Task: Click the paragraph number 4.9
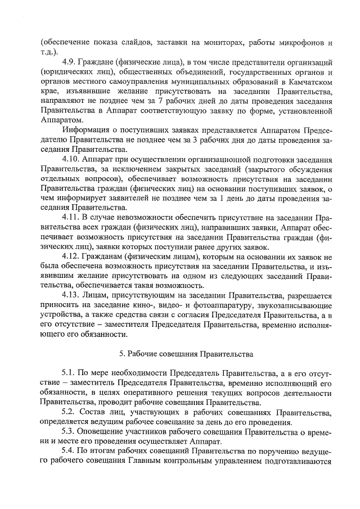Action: pyautogui.click(x=70, y=59)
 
